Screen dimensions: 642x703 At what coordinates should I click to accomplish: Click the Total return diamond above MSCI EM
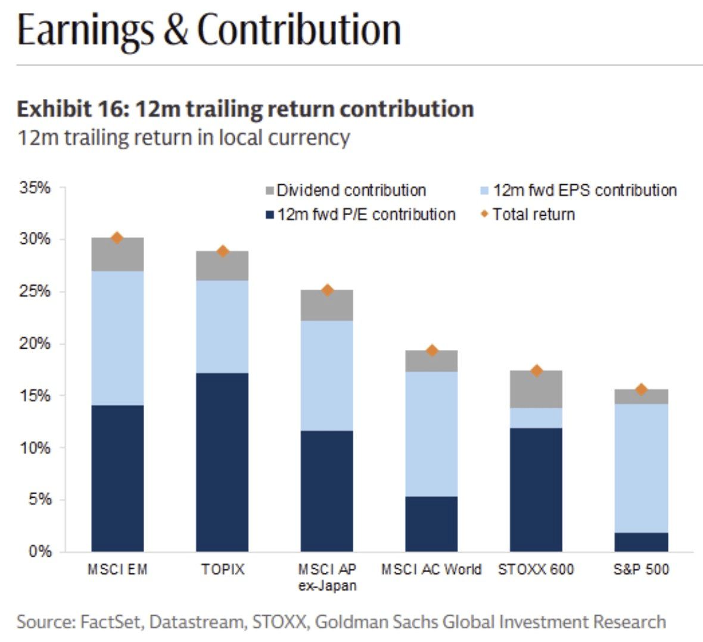coord(117,238)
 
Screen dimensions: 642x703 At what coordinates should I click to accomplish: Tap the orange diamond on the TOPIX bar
coord(223,252)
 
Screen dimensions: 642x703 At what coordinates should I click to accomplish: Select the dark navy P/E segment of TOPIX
coord(222,462)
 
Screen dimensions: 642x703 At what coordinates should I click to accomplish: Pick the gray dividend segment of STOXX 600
coord(536,389)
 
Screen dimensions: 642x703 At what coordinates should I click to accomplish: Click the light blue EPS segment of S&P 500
coord(641,468)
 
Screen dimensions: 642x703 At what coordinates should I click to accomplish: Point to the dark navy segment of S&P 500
coord(641,542)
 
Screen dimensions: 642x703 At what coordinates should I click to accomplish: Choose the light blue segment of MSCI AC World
coord(431,434)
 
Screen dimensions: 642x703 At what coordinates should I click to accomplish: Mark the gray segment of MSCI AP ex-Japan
coord(326,306)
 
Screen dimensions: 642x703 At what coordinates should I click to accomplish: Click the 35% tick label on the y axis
coord(35,188)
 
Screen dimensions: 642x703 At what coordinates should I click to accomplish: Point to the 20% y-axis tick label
coord(35,344)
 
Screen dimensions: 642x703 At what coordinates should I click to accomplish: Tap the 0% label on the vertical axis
coord(40,551)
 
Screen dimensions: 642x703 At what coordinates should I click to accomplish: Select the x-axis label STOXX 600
coord(536,570)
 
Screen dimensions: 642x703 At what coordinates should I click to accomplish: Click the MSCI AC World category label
coord(431,570)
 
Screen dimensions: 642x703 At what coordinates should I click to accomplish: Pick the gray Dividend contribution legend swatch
coord(269,191)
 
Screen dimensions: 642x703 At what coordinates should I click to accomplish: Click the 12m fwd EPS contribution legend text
coord(584,191)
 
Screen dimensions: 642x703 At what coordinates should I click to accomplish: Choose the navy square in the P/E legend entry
coord(270,215)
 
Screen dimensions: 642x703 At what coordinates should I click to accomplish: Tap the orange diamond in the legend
coord(484,214)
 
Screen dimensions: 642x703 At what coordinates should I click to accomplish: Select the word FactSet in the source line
coord(111,622)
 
